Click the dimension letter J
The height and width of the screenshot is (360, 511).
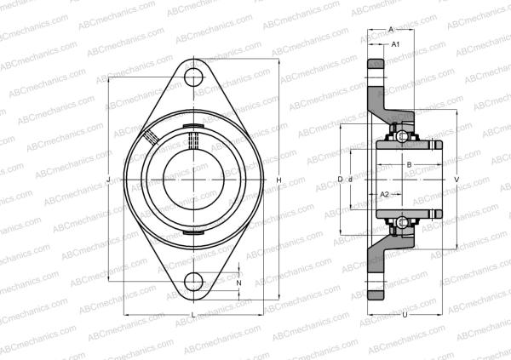pos(109,179)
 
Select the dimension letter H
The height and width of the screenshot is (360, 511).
pos(278,180)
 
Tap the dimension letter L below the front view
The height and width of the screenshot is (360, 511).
pos(192,316)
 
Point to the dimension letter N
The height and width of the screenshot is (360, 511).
pos(238,282)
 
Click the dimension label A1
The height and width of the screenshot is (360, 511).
pos(395,43)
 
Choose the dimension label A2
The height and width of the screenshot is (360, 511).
pos(384,195)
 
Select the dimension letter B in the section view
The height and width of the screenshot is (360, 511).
pos(409,164)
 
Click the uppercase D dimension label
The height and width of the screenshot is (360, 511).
pos(340,180)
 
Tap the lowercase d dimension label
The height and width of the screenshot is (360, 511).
pos(350,180)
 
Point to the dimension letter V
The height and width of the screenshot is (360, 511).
pos(457,180)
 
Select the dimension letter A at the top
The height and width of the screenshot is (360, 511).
pos(390,28)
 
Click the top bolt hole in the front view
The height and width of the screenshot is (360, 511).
pos(196,77)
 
